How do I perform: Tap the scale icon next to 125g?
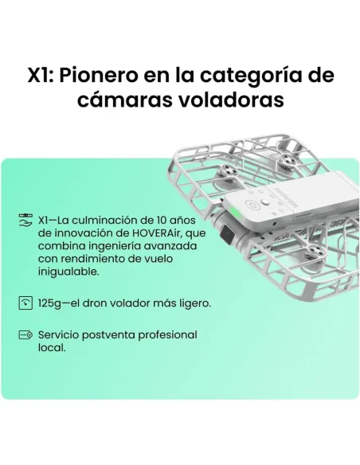coord(26,303)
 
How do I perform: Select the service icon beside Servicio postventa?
coord(26,335)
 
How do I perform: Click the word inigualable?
coord(68,272)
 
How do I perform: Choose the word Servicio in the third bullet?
coord(61,335)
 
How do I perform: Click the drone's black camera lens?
coord(227,236)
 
